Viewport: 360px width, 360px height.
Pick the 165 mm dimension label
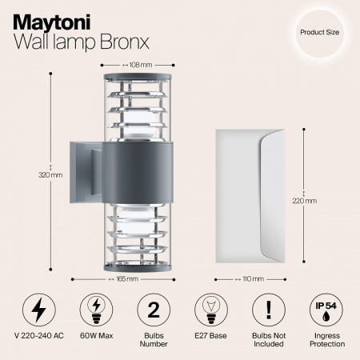pos(123,279)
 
